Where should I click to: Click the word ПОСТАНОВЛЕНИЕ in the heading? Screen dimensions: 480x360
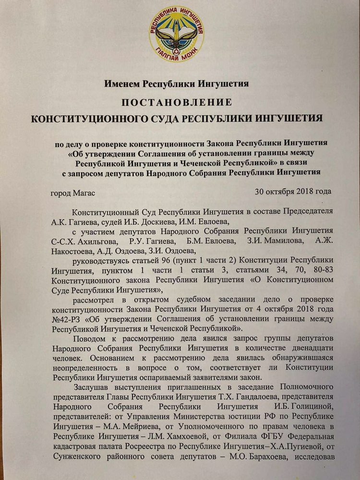(176, 102)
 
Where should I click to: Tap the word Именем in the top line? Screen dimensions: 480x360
(124, 84)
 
